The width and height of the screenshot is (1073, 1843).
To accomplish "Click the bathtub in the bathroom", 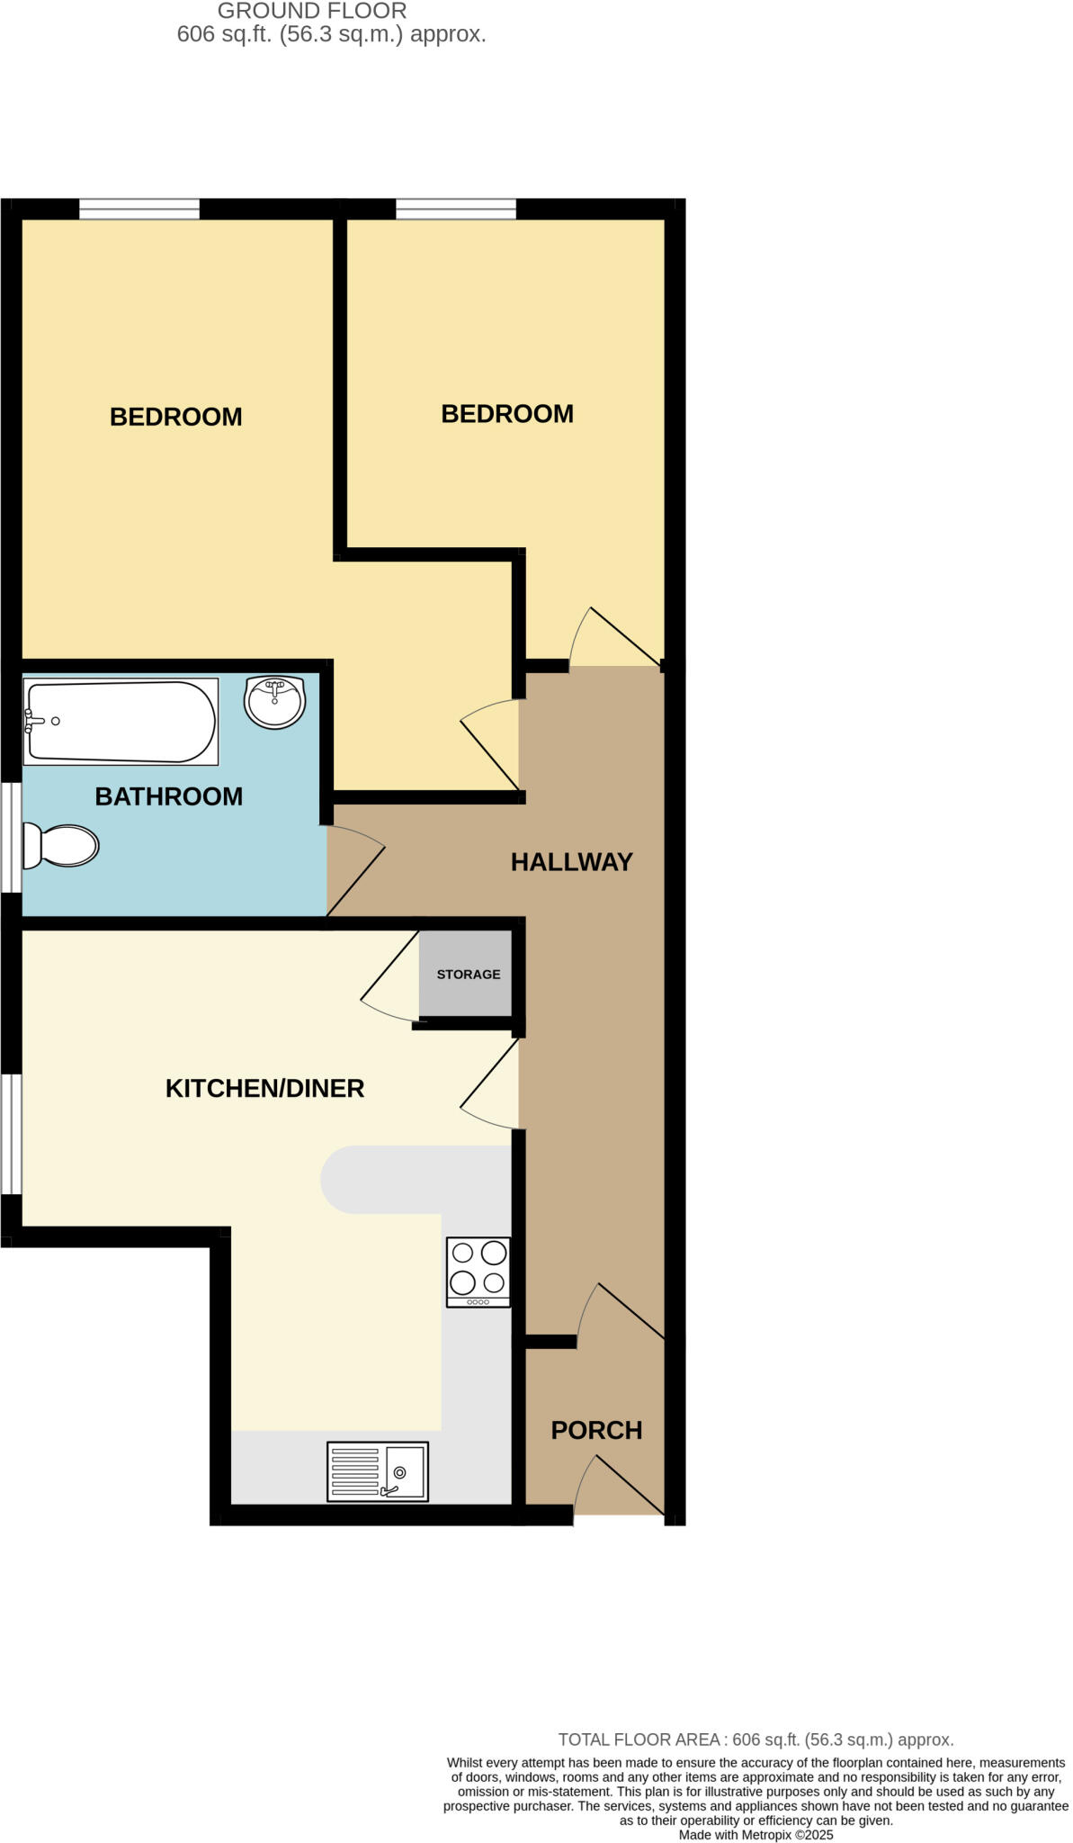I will [121, 722].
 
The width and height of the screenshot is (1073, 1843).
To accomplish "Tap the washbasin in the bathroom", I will [275, 702].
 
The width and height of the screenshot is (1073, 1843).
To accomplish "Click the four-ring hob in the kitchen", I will [478, 1272].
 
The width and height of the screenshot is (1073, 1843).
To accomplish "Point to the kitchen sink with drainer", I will [378, 1471].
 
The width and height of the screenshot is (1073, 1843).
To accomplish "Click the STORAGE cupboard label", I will [469, 974].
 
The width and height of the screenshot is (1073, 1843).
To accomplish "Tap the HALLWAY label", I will [572, 862].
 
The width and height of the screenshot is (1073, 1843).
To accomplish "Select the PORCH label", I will [596, 1430].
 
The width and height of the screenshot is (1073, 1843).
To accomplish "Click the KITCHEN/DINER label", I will [264, 1089].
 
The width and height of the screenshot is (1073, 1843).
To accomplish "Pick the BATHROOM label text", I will [169, 796].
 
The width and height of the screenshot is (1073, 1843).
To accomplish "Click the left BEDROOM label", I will [176, 417].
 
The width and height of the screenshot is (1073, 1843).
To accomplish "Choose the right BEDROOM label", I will [507, 414].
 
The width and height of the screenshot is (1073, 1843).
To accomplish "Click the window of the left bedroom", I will [139, 210].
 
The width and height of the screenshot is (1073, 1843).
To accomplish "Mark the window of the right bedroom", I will [456, 210].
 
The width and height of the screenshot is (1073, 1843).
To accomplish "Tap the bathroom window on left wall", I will [11, 837].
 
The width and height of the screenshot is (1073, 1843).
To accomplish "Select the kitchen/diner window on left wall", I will [11, 1134].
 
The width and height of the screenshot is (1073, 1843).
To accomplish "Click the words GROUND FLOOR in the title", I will [312, 11].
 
